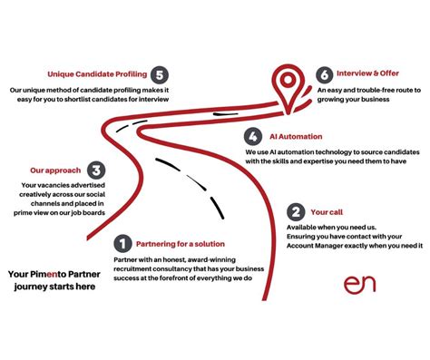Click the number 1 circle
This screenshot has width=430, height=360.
(x=122, y=243)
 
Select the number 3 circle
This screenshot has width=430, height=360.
(x=95, y=170)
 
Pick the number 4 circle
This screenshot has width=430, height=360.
(x=254, y=137)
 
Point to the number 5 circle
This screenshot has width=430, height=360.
(x=161, y=74)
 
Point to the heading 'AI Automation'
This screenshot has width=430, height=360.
(x=296, y=137)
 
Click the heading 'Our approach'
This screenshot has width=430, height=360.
(x=55, y=170)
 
